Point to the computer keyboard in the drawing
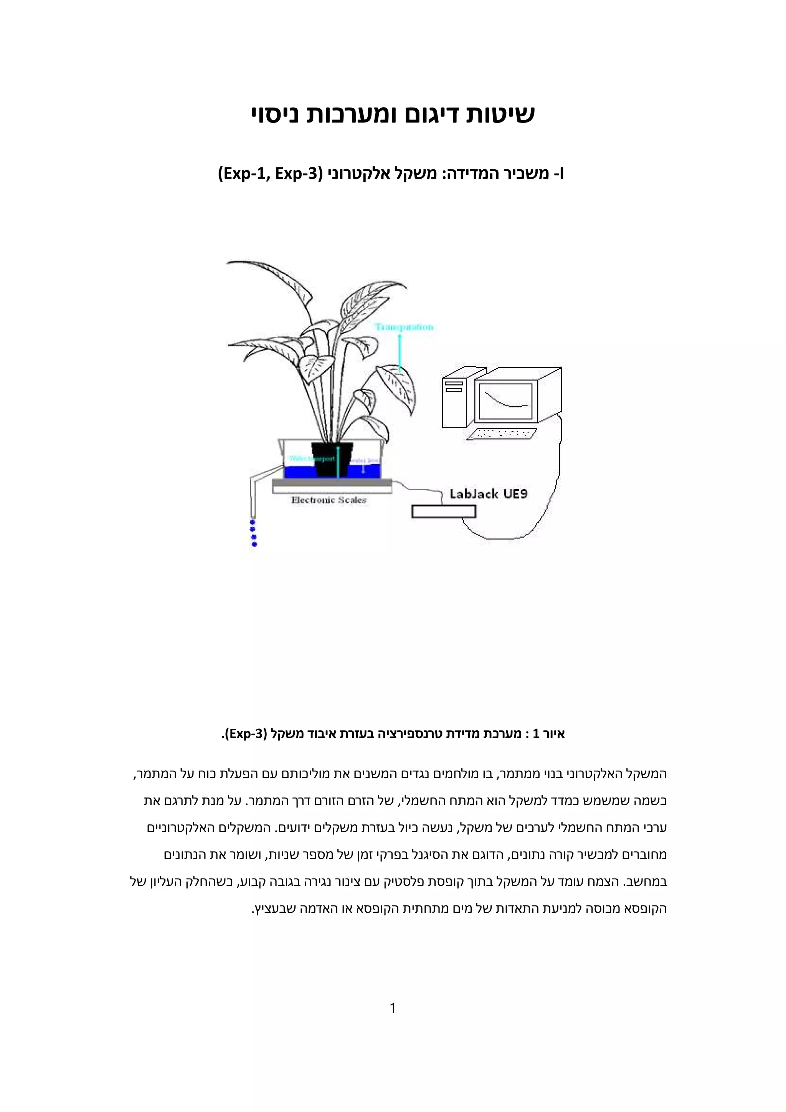(x=504, y=434)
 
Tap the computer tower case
(x=456, y=402)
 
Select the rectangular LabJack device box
(x=443, y=511)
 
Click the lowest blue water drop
(x=254, y=545)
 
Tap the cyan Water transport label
(x=305, y=458)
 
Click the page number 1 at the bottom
(x=393, y=1008)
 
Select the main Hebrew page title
(x=393, y=115)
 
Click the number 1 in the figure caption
(x=536, y=734)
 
